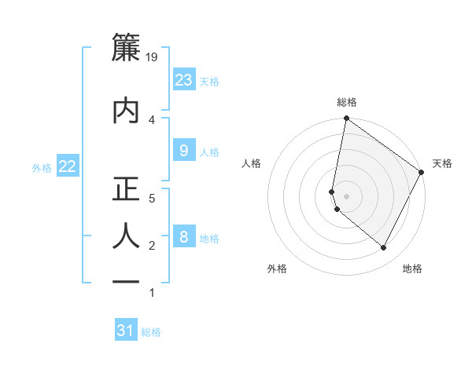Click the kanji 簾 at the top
pos(127,48)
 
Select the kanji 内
pos(127,109)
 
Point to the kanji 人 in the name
pos(127,236)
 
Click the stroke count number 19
pos(153,57)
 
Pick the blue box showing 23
pos(184,80)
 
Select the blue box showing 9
pos(184,152)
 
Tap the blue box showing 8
pos(184,237)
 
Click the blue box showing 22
pos(67,166)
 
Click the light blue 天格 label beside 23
pos(209,81)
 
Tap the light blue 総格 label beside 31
pos(151,332)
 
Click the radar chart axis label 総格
pos(347,102)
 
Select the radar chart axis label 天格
pos(442,163)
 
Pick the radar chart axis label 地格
pos(412,269)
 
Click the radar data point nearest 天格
pos(422,173)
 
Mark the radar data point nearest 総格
pos(346,119)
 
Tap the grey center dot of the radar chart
pos(346,196)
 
